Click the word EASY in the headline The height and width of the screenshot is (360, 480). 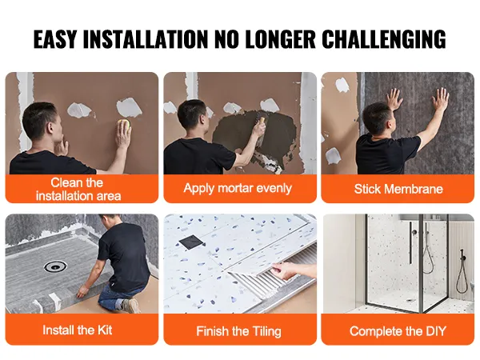pos(54,39)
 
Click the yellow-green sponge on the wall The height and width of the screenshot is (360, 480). pos(125,126)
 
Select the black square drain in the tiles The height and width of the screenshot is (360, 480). pos(191,242)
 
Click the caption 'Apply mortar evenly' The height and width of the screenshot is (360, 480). pos(238,188)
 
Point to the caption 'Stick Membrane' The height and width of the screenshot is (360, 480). pos(398,189)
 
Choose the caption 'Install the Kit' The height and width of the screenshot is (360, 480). pos(78,330)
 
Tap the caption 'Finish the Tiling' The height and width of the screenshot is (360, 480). pos(238,331)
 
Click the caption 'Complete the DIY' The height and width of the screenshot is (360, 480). pos(398,331)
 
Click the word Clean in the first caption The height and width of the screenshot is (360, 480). pos(66,182)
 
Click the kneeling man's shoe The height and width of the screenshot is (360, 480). pos(130,305)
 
